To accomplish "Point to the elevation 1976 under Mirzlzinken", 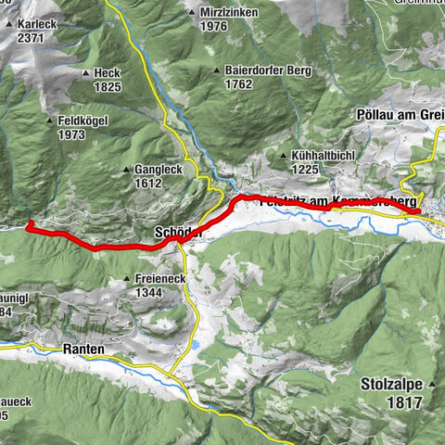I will [213, 26].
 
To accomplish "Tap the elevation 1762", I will [239, 83].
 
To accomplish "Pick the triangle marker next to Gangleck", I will [126, 171].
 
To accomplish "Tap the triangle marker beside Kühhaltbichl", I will [283, 155].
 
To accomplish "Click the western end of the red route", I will [30, 224].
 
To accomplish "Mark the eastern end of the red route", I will [417, 211].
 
